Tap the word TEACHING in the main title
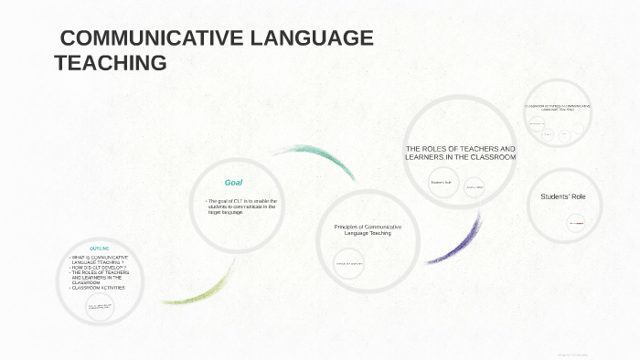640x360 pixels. tap(111, 63)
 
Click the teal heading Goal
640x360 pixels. tap(233, 183)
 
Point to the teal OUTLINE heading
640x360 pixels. tap(100, 249)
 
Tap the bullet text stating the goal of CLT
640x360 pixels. tap(241, 206)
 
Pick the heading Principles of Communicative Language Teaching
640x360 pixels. tap(368, 229)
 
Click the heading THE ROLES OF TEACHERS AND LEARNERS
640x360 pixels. tap(461, 153)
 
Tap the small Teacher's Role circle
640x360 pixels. tap(443, 183)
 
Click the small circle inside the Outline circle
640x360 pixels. tap(100, 307)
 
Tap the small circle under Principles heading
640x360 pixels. tap(349, 265)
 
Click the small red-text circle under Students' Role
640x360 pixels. tap(576, 223)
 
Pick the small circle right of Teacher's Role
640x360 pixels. tap(475, 186)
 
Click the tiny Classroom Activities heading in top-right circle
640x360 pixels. tap(558, 108)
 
